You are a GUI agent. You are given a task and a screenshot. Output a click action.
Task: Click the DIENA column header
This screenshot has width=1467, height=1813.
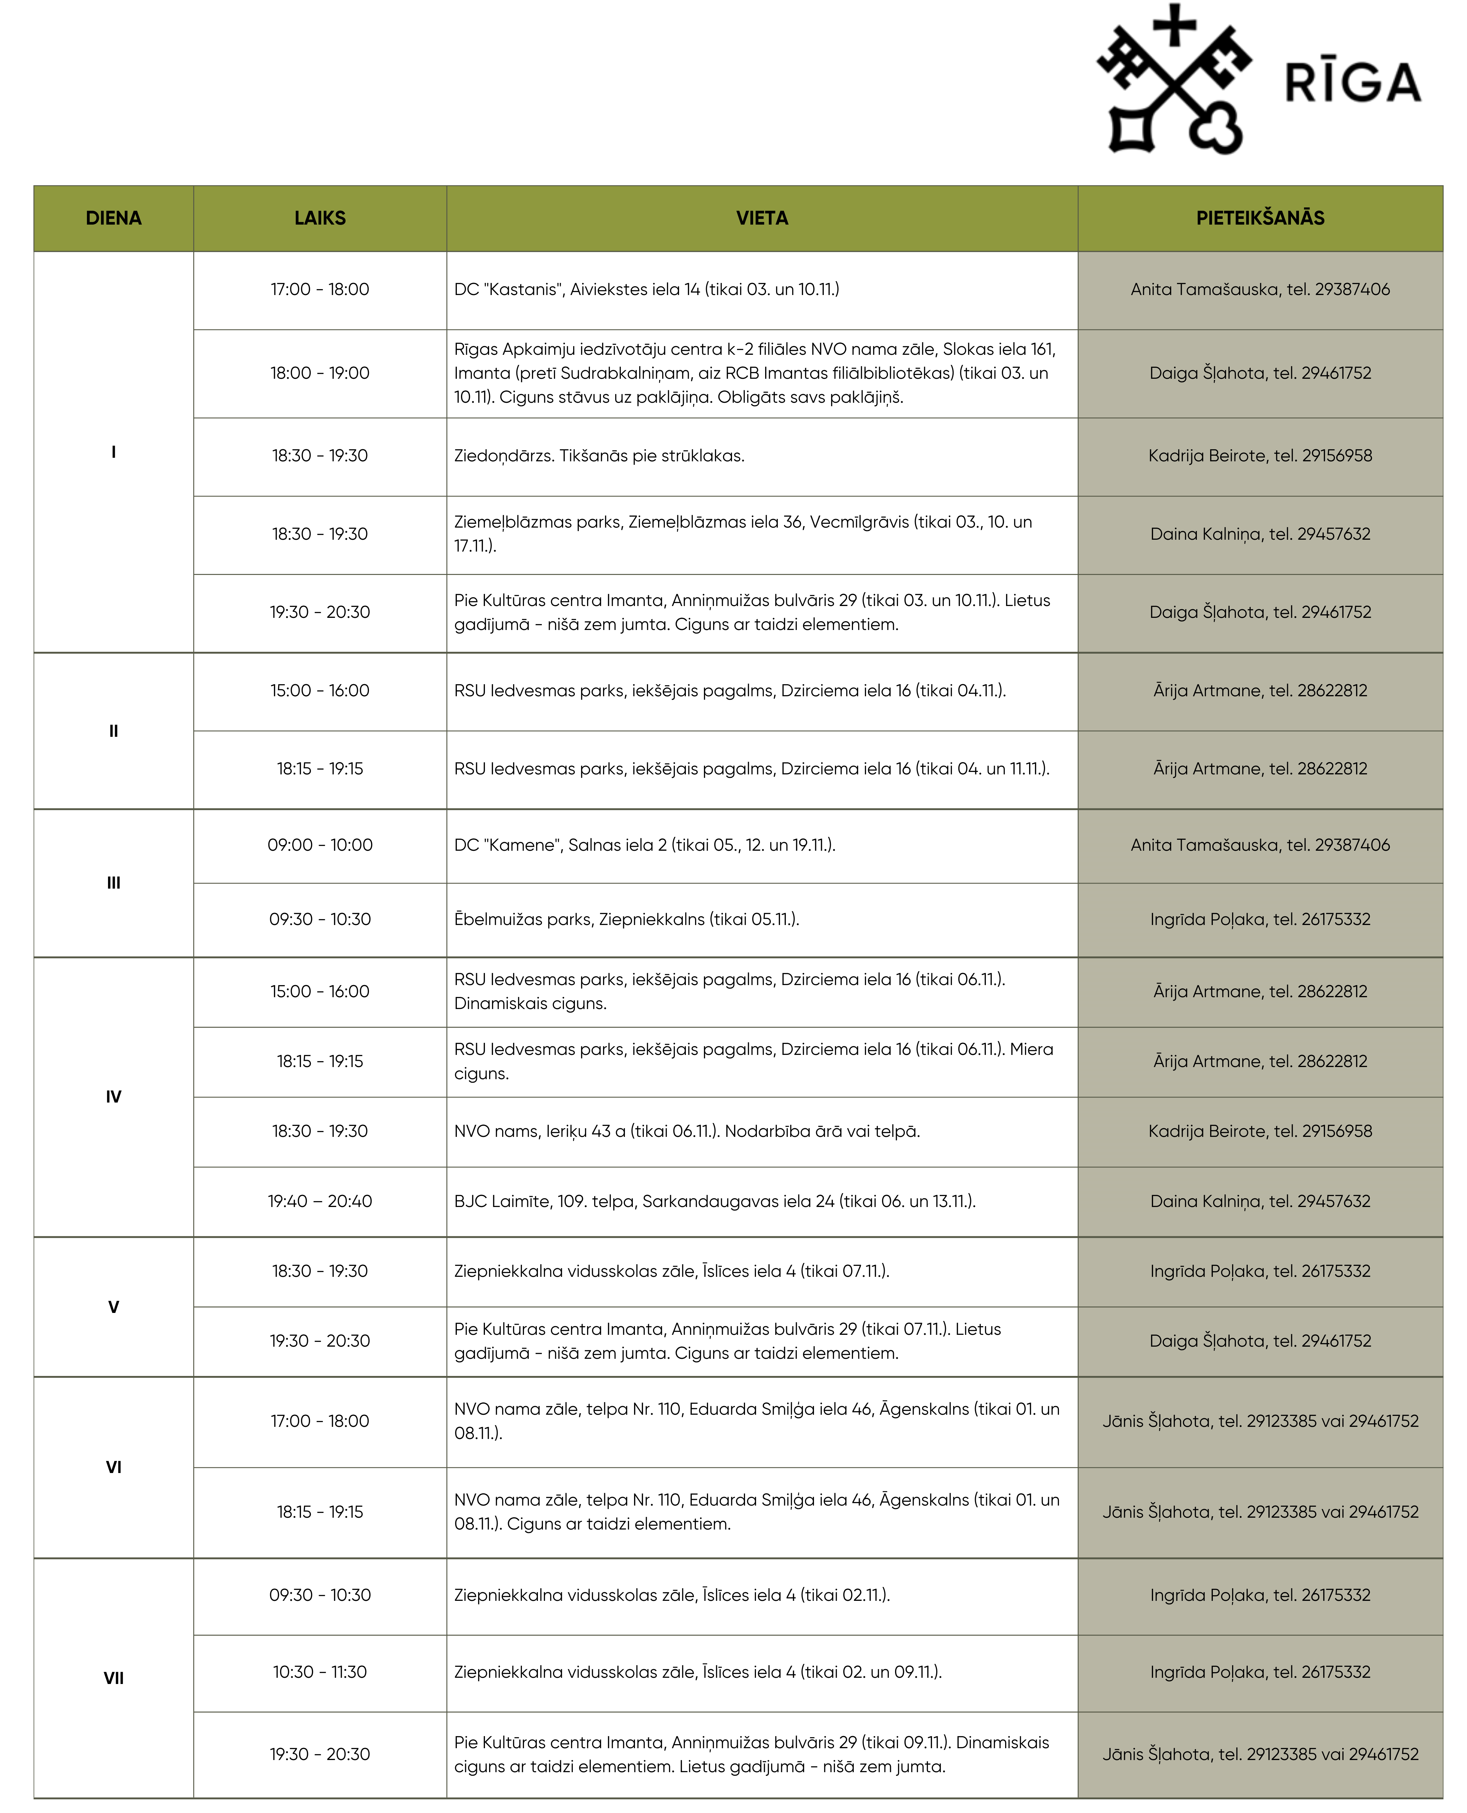(x=113, y=218)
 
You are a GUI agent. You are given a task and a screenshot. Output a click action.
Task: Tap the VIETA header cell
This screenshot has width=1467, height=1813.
(x=761, y=218)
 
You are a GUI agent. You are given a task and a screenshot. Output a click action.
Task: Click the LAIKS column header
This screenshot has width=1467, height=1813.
(x=320, y=218)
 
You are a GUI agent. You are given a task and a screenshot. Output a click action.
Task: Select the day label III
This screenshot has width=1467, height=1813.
(x=113, y=882)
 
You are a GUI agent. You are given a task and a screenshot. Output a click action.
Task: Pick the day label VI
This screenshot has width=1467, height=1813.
(x=113, y=1466)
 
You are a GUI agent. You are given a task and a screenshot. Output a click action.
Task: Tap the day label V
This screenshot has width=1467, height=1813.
(x=113, y=1307)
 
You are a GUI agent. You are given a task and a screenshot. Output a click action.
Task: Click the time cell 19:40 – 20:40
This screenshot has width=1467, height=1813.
(x=320, y=1201)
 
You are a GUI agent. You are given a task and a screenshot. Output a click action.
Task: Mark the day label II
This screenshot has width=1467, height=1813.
(x=113, y=730)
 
